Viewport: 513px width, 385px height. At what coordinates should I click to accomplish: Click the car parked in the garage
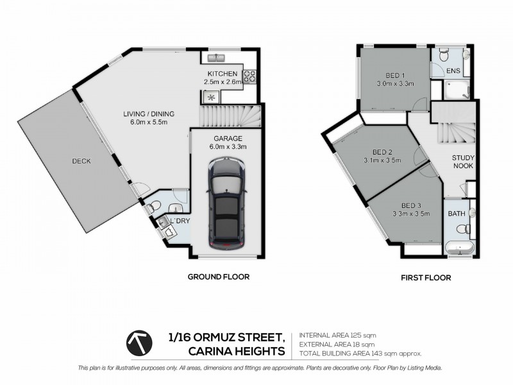pos(226,205)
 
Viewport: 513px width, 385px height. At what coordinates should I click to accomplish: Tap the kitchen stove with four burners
pos(249,77)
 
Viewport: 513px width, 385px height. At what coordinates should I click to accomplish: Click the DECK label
pos(81,161)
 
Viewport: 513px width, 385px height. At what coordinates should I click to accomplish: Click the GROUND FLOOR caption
pos(218,277)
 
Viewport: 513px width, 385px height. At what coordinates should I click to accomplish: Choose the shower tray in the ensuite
pos(457,89)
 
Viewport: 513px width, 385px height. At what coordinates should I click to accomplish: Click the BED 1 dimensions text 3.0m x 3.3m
pos(394,83)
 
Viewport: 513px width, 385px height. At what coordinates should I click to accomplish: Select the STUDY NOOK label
pos(462,161)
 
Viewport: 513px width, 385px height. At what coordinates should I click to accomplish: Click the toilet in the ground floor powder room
pos(155,206)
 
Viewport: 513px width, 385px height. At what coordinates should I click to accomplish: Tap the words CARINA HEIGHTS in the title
pos(237,351)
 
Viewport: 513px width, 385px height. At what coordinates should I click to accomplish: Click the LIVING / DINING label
pos(149,114)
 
